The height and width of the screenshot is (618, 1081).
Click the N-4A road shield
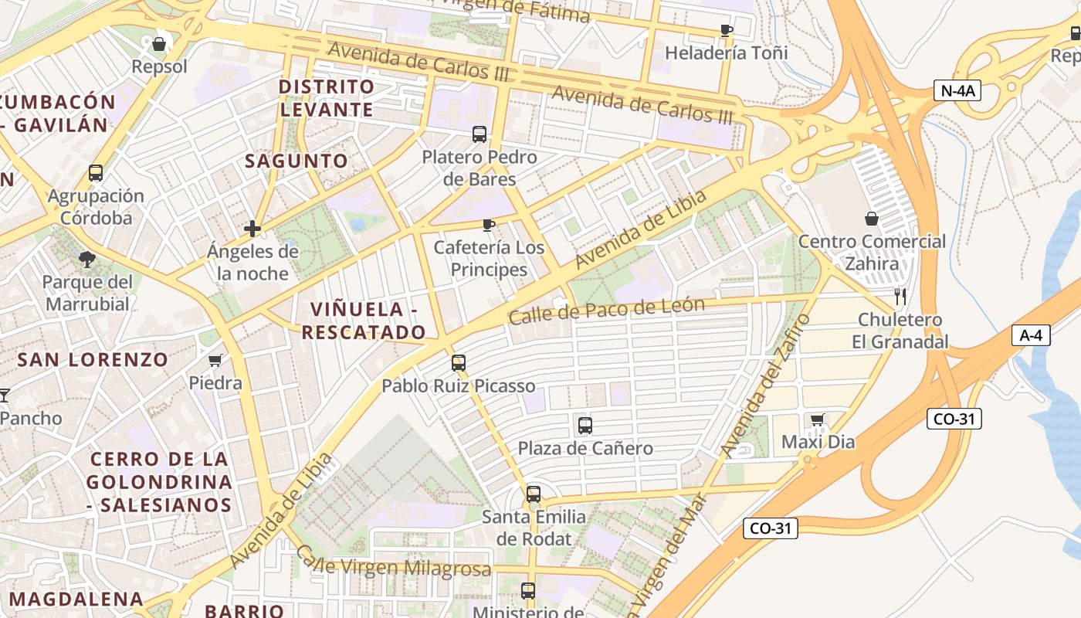pos(957,90)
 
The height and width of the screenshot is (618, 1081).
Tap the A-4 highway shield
pos(1031,335)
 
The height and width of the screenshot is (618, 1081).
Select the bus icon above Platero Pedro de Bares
pos(479,134)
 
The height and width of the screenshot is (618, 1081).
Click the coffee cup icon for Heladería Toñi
pos(726,31)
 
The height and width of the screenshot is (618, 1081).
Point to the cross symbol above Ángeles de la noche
pos(252,229)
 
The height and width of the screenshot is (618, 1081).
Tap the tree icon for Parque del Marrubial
pos(87,259)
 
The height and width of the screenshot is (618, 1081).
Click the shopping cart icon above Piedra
pos(215,360)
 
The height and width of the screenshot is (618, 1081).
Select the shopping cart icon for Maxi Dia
pos(818,419)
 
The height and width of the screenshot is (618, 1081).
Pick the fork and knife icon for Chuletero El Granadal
pos(900,296)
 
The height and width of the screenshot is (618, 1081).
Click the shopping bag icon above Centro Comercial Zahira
pos(872,219)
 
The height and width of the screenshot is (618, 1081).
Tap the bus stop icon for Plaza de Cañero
pos(585,425)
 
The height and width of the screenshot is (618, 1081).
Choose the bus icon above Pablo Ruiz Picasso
pos(459,362)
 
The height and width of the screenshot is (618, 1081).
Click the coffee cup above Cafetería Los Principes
pos(488,225)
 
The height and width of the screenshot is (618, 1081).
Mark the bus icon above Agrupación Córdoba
pos(96,173)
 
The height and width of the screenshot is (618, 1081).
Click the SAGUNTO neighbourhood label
pos(297,161)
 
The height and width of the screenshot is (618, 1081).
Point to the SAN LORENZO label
pos(93,359)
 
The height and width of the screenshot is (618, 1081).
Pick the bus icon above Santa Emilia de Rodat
pos(533,494)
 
